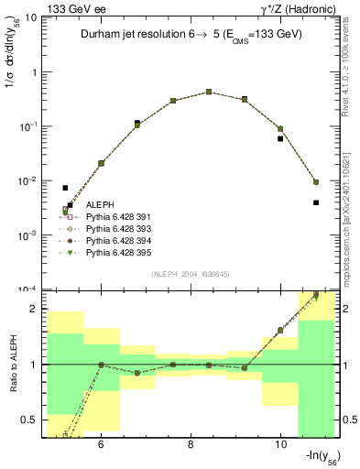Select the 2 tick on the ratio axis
tap(35, 309)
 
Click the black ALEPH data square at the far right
tap(315, 202)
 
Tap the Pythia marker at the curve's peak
tap(209, 92)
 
